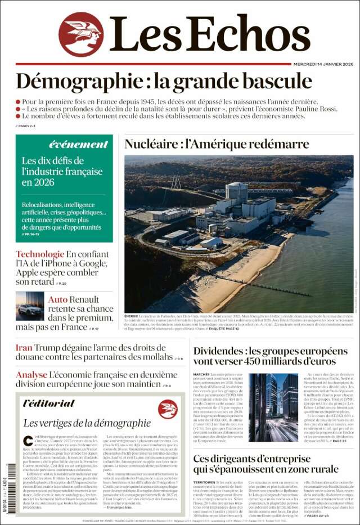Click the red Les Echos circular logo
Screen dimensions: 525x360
pos(81,34)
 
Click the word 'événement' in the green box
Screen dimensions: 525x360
pos(78,144)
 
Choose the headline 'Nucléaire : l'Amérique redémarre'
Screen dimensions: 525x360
pos(217,144)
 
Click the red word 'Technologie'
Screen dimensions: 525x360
pos(40,254)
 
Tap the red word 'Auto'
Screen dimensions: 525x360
pos(58,299)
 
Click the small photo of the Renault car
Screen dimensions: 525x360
pos(29,306)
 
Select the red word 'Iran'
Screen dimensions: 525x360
pos(24,348)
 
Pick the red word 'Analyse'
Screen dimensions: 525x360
pos(31,375)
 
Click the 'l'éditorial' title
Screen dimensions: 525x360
pos(49,403)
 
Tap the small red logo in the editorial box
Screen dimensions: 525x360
pos(168,409)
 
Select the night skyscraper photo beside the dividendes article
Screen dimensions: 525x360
pos(273,407)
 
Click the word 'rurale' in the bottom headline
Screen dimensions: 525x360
pos(319,469)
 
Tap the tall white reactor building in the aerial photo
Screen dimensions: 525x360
pos(237,193)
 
